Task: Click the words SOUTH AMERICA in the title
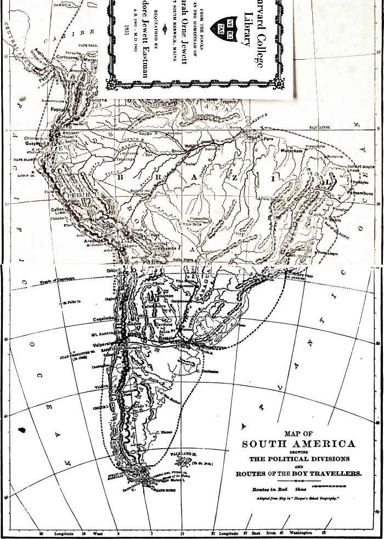pos(298,443)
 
